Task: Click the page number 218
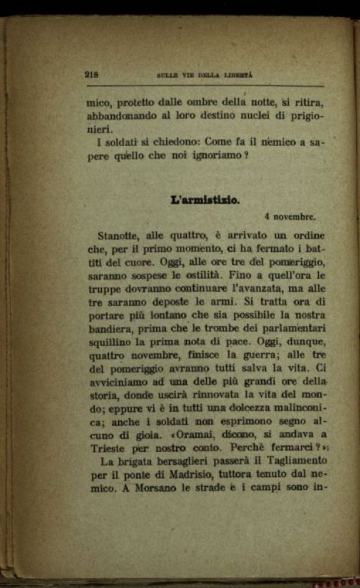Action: pos(92,74)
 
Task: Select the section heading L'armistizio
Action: pos(204,201)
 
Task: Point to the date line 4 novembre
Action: pos(290,217)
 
